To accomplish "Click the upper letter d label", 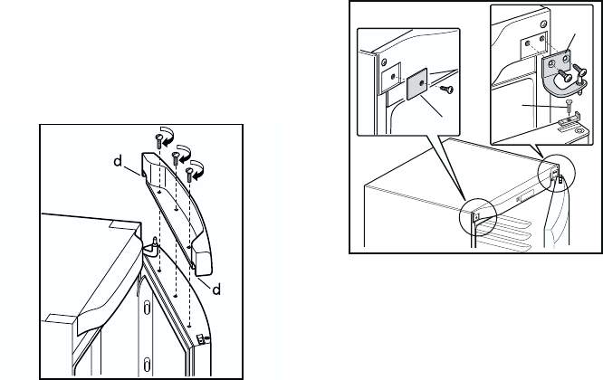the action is [x=117, y=164].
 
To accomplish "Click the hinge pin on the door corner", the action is [x=153, y=242].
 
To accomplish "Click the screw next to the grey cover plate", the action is [x=445, y=89].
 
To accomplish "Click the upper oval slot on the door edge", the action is [x=141, y=308].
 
